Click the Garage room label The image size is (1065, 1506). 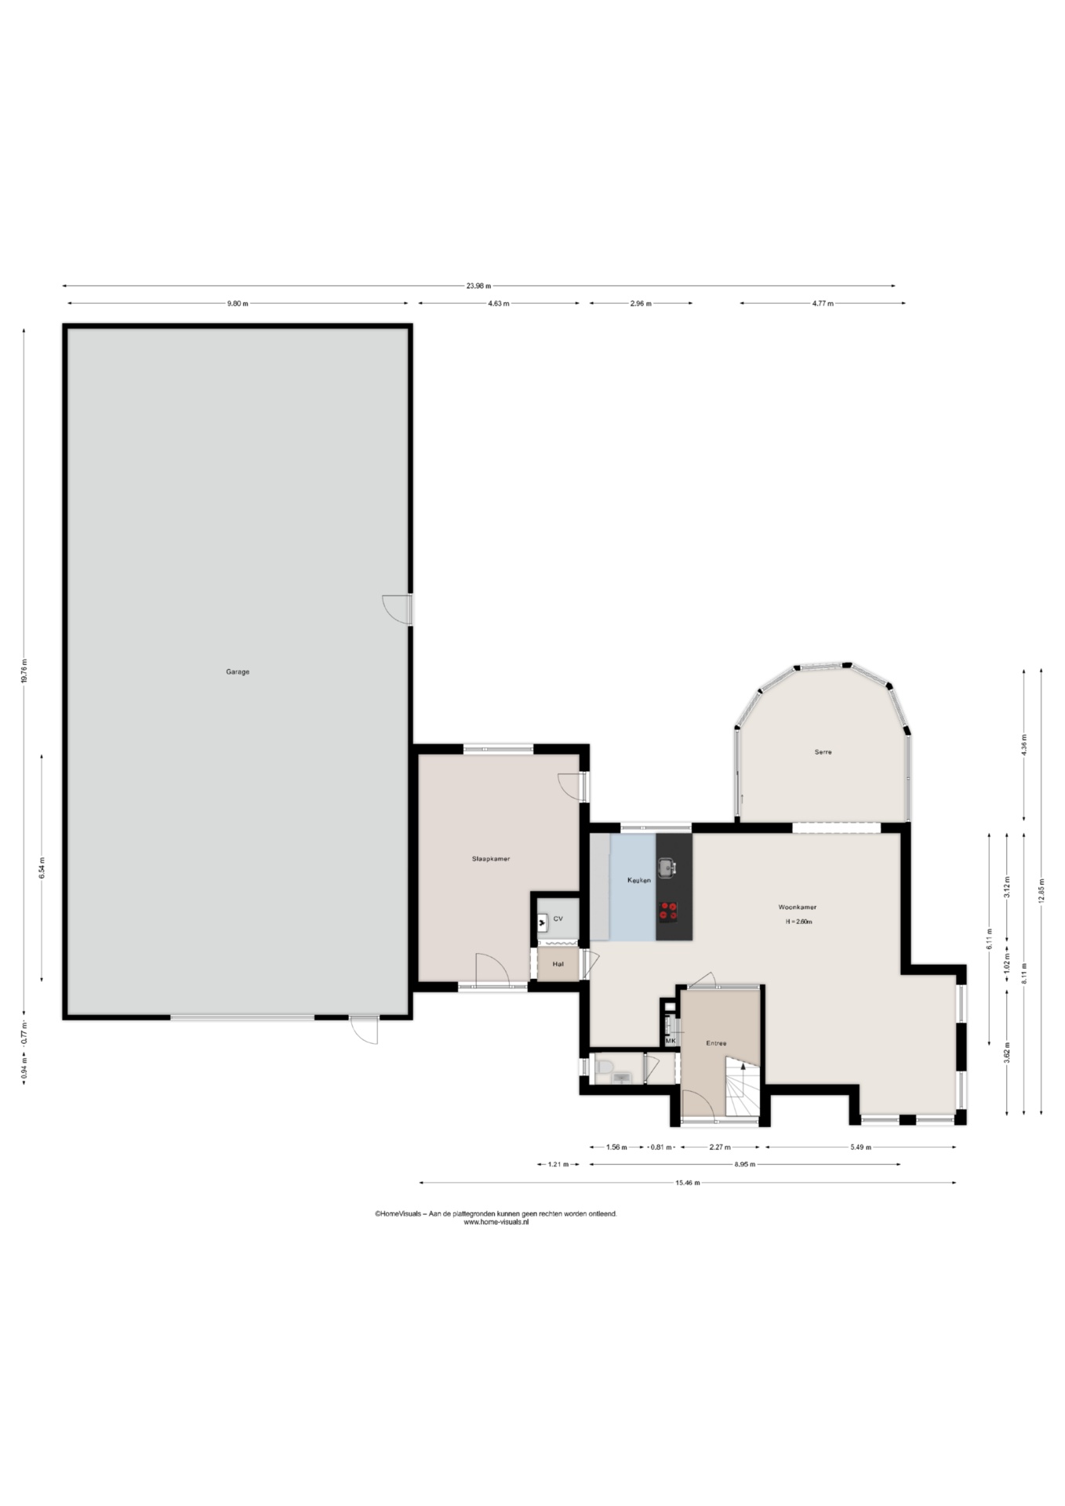[238, 671]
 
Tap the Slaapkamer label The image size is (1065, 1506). [491, 859]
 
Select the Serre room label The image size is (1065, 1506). [823, 751]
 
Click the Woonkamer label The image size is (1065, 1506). [798, 907]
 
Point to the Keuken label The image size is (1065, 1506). [639, 880]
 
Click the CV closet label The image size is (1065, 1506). [558, 918]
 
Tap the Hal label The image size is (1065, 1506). [558, 964]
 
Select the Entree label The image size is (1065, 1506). [716, 1043]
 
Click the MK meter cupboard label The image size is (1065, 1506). [670, 1041]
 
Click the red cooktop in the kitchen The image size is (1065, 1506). [668, 911]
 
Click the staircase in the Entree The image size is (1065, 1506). [743, 1086]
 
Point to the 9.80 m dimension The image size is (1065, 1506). [238, 304]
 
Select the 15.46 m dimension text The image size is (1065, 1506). [687, 1183]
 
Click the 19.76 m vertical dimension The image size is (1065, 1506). [24, 671]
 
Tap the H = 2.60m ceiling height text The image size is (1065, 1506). [798, 922]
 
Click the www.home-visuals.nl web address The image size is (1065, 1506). [496, 1222]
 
